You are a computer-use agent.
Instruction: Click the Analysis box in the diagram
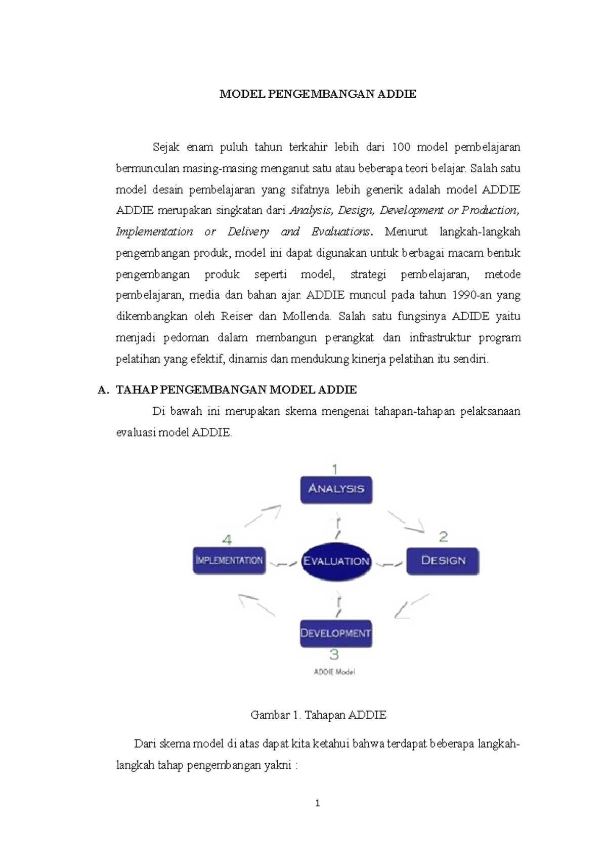[336, 489]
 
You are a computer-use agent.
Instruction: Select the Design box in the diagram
[443, 561]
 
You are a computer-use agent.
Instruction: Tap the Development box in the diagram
[336, 633]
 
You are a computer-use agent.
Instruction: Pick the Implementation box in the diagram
[229, 561]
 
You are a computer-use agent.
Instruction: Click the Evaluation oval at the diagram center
[336, 561]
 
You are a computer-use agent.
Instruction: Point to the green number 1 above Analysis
[334, 469]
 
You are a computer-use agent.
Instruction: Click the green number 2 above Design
[443, 537]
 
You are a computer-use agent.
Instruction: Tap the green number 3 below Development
[334, 654]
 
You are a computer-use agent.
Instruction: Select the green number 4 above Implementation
[227, 540]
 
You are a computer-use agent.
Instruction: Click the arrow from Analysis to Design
[406, 522]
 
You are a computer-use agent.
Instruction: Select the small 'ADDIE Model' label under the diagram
[334, 672]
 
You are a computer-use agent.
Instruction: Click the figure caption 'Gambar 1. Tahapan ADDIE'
[318, 715]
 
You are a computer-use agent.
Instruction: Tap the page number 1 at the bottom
[318, 803]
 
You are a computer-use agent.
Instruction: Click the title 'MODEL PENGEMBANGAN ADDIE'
[318, 94]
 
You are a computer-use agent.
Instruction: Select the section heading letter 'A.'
[103, 390]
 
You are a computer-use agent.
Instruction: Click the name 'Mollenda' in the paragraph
[307, 317]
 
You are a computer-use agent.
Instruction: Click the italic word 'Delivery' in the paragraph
[248, 232]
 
